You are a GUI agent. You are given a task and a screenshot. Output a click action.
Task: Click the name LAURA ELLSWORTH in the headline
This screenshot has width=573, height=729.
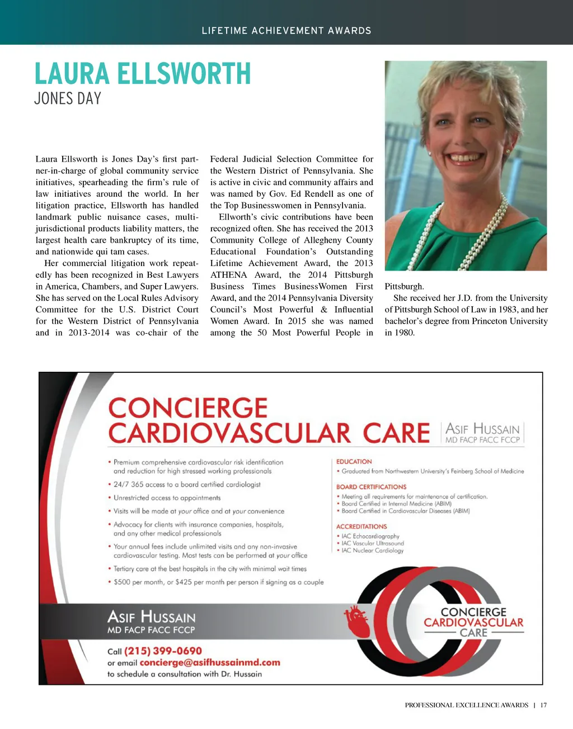point(143,74)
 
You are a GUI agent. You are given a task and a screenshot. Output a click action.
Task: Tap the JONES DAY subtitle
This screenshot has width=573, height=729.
point(68,99)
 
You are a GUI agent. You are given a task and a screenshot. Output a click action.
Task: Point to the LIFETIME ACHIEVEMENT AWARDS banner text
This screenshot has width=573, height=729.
point(286,31)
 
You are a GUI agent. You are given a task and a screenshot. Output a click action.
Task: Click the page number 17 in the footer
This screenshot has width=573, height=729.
point(543,705)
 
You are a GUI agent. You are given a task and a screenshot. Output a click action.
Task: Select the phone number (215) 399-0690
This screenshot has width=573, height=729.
point(163,651)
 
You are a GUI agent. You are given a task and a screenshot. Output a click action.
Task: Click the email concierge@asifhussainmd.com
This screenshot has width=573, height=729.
point(210,662)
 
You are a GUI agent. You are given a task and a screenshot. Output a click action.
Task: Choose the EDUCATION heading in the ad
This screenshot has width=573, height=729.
point(354,462)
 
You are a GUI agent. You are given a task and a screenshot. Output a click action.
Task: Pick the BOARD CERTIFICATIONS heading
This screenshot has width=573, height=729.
point(371,487)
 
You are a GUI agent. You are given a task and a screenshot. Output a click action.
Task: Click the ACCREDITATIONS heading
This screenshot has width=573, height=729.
point(361,527)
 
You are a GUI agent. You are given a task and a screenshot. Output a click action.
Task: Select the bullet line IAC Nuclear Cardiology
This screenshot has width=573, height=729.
point(372,551)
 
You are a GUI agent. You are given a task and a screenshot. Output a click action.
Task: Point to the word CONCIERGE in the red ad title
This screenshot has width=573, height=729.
point(188,408)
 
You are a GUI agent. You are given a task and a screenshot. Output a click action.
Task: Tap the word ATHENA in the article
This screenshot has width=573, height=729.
point(228,275)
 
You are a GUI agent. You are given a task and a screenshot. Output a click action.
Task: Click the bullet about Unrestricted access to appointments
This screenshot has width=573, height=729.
point(167,498)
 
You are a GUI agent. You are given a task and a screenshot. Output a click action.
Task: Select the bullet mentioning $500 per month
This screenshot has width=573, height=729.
point(218,582)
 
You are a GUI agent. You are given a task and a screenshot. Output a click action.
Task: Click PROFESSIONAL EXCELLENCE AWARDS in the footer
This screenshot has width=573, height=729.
point(466,705)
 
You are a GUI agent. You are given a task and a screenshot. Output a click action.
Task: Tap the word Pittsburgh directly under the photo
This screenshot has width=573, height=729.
point(404,287)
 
